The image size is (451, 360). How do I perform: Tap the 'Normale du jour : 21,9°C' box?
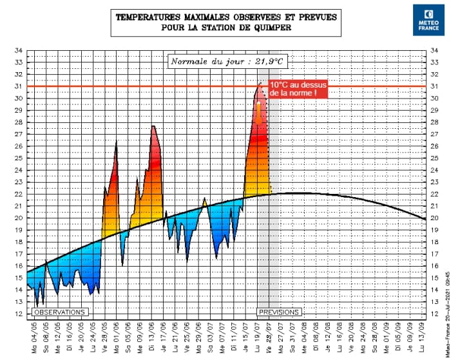(x=227, y=62)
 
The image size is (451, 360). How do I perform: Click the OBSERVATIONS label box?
(x=59, y=312)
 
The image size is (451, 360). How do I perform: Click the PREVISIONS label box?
(x=278, y=312)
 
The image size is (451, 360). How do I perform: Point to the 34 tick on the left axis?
(x=19, y=50)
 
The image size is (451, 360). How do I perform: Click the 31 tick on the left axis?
(x=19, y=86)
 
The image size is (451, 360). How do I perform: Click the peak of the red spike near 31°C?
(x=260, y=83)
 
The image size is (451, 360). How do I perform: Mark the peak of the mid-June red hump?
(x=153, y=126)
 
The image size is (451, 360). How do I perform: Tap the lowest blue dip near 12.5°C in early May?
(x=37, y=307)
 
